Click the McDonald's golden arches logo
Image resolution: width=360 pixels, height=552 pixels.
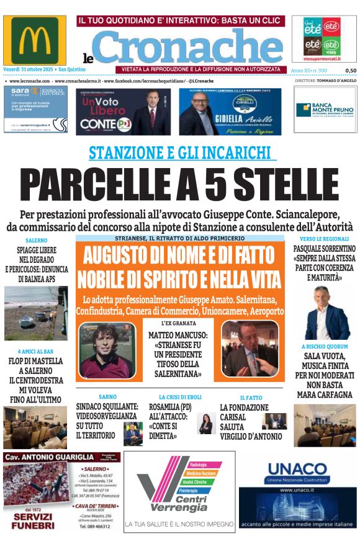35,40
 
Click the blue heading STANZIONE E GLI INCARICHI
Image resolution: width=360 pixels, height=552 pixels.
180,153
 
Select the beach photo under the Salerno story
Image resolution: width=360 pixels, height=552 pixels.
35,313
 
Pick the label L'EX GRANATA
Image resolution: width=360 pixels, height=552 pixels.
178,323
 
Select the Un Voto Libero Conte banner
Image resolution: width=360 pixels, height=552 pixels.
123,111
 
